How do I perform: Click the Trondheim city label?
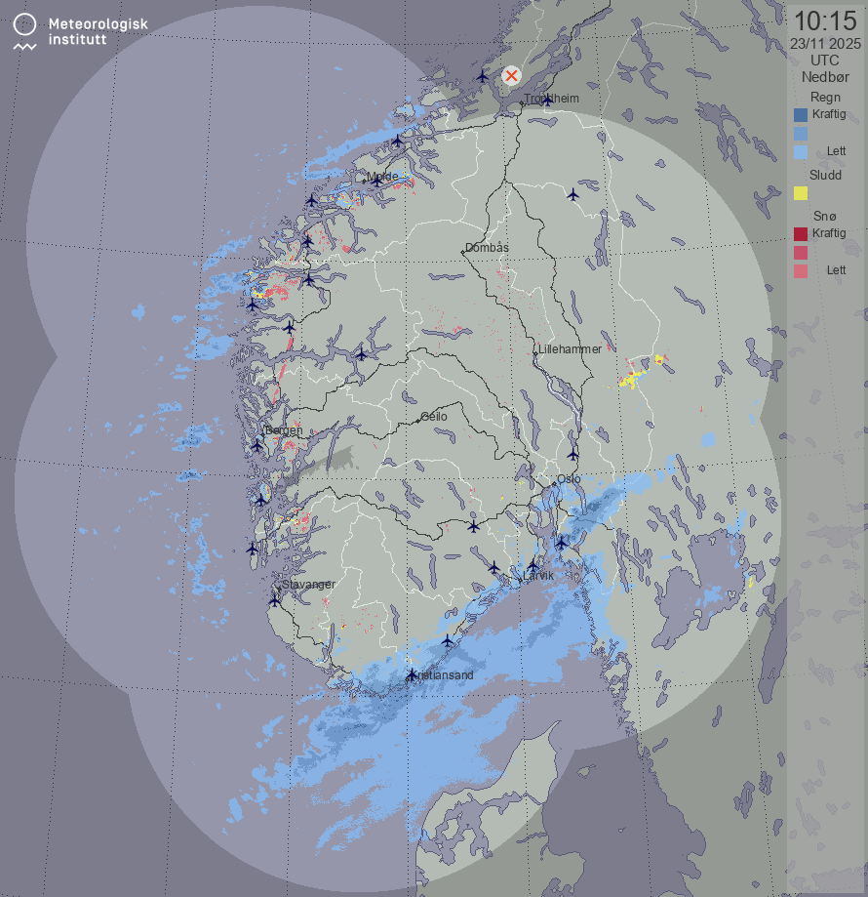tap(552, 99)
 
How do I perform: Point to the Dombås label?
tap(487, 248)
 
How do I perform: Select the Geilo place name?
tap(434, 416)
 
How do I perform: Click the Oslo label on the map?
tap(569, 478)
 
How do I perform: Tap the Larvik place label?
tap(538, 576)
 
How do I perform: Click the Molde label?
tap(382, 177)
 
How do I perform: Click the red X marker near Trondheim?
tap(511, 75)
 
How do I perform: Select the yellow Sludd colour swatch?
tap(801, 193)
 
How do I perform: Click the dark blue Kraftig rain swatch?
tap(801, 115)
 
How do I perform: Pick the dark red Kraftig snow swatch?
tap(801, 234)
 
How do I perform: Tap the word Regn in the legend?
tap(825, 97)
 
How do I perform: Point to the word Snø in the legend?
tap(825, 216)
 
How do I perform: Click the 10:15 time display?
tap(825, 20)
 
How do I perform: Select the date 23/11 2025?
tap(825, 43)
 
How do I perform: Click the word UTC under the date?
tap(825, 60)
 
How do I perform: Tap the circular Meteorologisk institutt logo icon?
tap(26, 24)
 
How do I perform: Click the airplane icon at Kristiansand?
tap(413, 674)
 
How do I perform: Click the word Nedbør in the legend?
tap(825, 76)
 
